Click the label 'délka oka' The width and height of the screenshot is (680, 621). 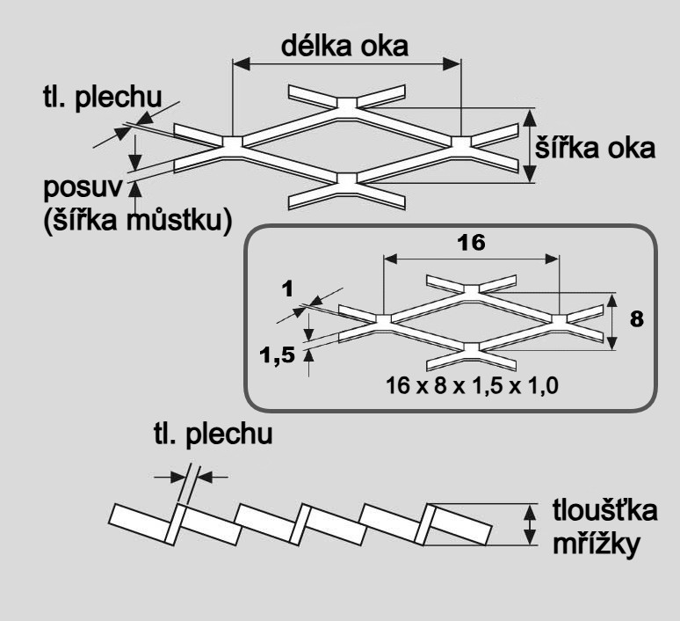[x=344, y=47]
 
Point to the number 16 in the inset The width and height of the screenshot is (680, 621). [x=472, y=244]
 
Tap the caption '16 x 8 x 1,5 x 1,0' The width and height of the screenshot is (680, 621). [x=466, y=384]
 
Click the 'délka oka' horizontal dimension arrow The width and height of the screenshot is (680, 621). [x=345, y=63]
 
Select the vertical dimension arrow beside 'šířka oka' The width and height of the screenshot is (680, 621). [x=529, y=146]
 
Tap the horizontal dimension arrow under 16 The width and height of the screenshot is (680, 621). [x=472, y=258]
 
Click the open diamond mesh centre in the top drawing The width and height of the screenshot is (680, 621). [x=345, y=141]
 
